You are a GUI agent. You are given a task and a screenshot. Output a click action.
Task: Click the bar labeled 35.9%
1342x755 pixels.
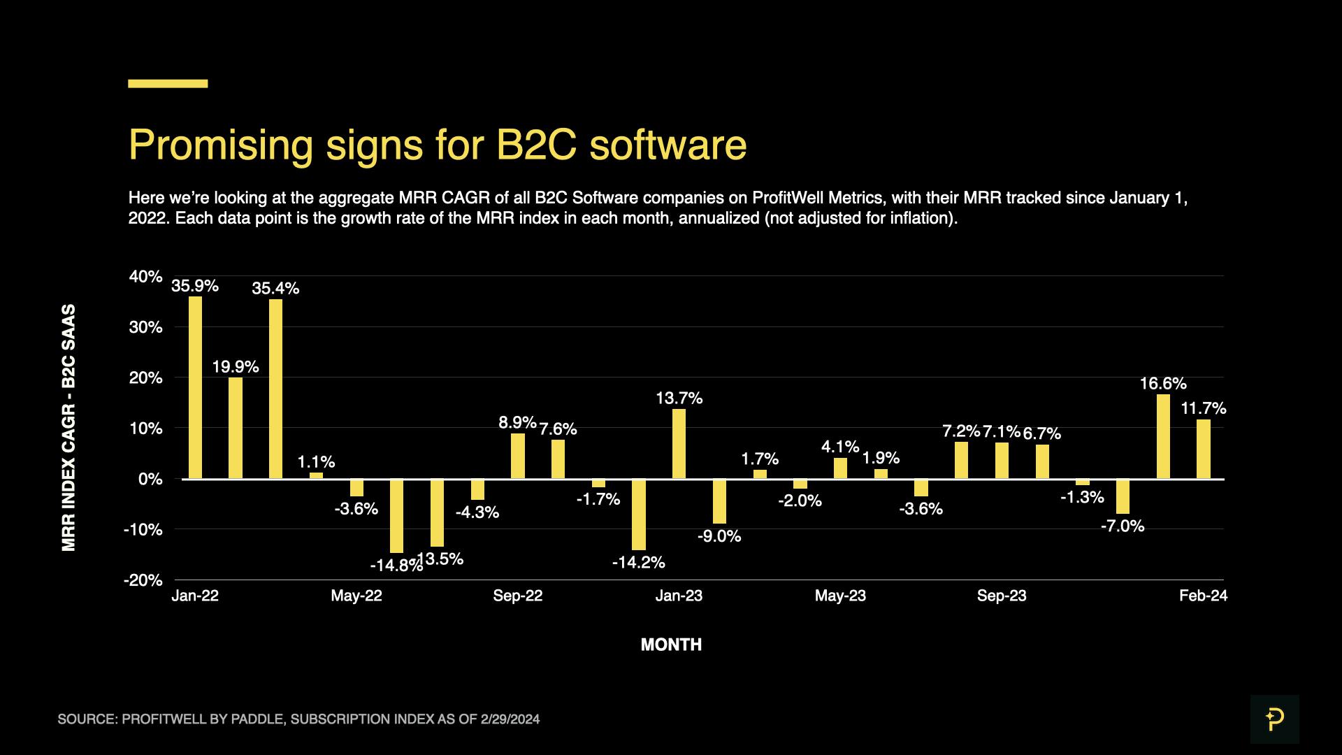tap(195, 387)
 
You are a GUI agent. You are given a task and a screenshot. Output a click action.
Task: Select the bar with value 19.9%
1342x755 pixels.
tap(236, 428)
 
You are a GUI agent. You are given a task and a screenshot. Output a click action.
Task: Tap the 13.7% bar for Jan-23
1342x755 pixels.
tap(679, 444)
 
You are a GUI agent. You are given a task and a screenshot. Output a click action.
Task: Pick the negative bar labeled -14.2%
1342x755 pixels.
tap(639, 515)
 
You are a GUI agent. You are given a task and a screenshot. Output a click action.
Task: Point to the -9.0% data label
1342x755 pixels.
tap(719, 536)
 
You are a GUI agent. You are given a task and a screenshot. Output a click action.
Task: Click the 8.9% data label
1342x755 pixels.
tap(517, 422)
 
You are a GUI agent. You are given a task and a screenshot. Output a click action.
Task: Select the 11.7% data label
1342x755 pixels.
tap(1203, 408)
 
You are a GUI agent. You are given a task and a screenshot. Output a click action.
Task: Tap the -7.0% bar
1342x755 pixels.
tap(1123, 496)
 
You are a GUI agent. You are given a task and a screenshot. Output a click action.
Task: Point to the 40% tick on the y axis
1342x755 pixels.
tap(146, 277)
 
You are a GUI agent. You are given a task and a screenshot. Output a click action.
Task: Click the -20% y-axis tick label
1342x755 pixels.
tap(143, 580)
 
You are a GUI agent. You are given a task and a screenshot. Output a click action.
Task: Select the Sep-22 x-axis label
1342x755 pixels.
tap(517, 596)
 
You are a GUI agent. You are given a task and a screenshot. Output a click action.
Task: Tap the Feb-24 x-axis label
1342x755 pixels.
tap(1203, 596)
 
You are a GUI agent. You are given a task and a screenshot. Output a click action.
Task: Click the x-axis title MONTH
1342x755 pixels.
tap(671, 645)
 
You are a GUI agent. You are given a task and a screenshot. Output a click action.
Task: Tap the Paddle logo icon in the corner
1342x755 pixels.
tap(1274, 719)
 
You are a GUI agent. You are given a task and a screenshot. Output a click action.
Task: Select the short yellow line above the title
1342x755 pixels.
tap(168, 83)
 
